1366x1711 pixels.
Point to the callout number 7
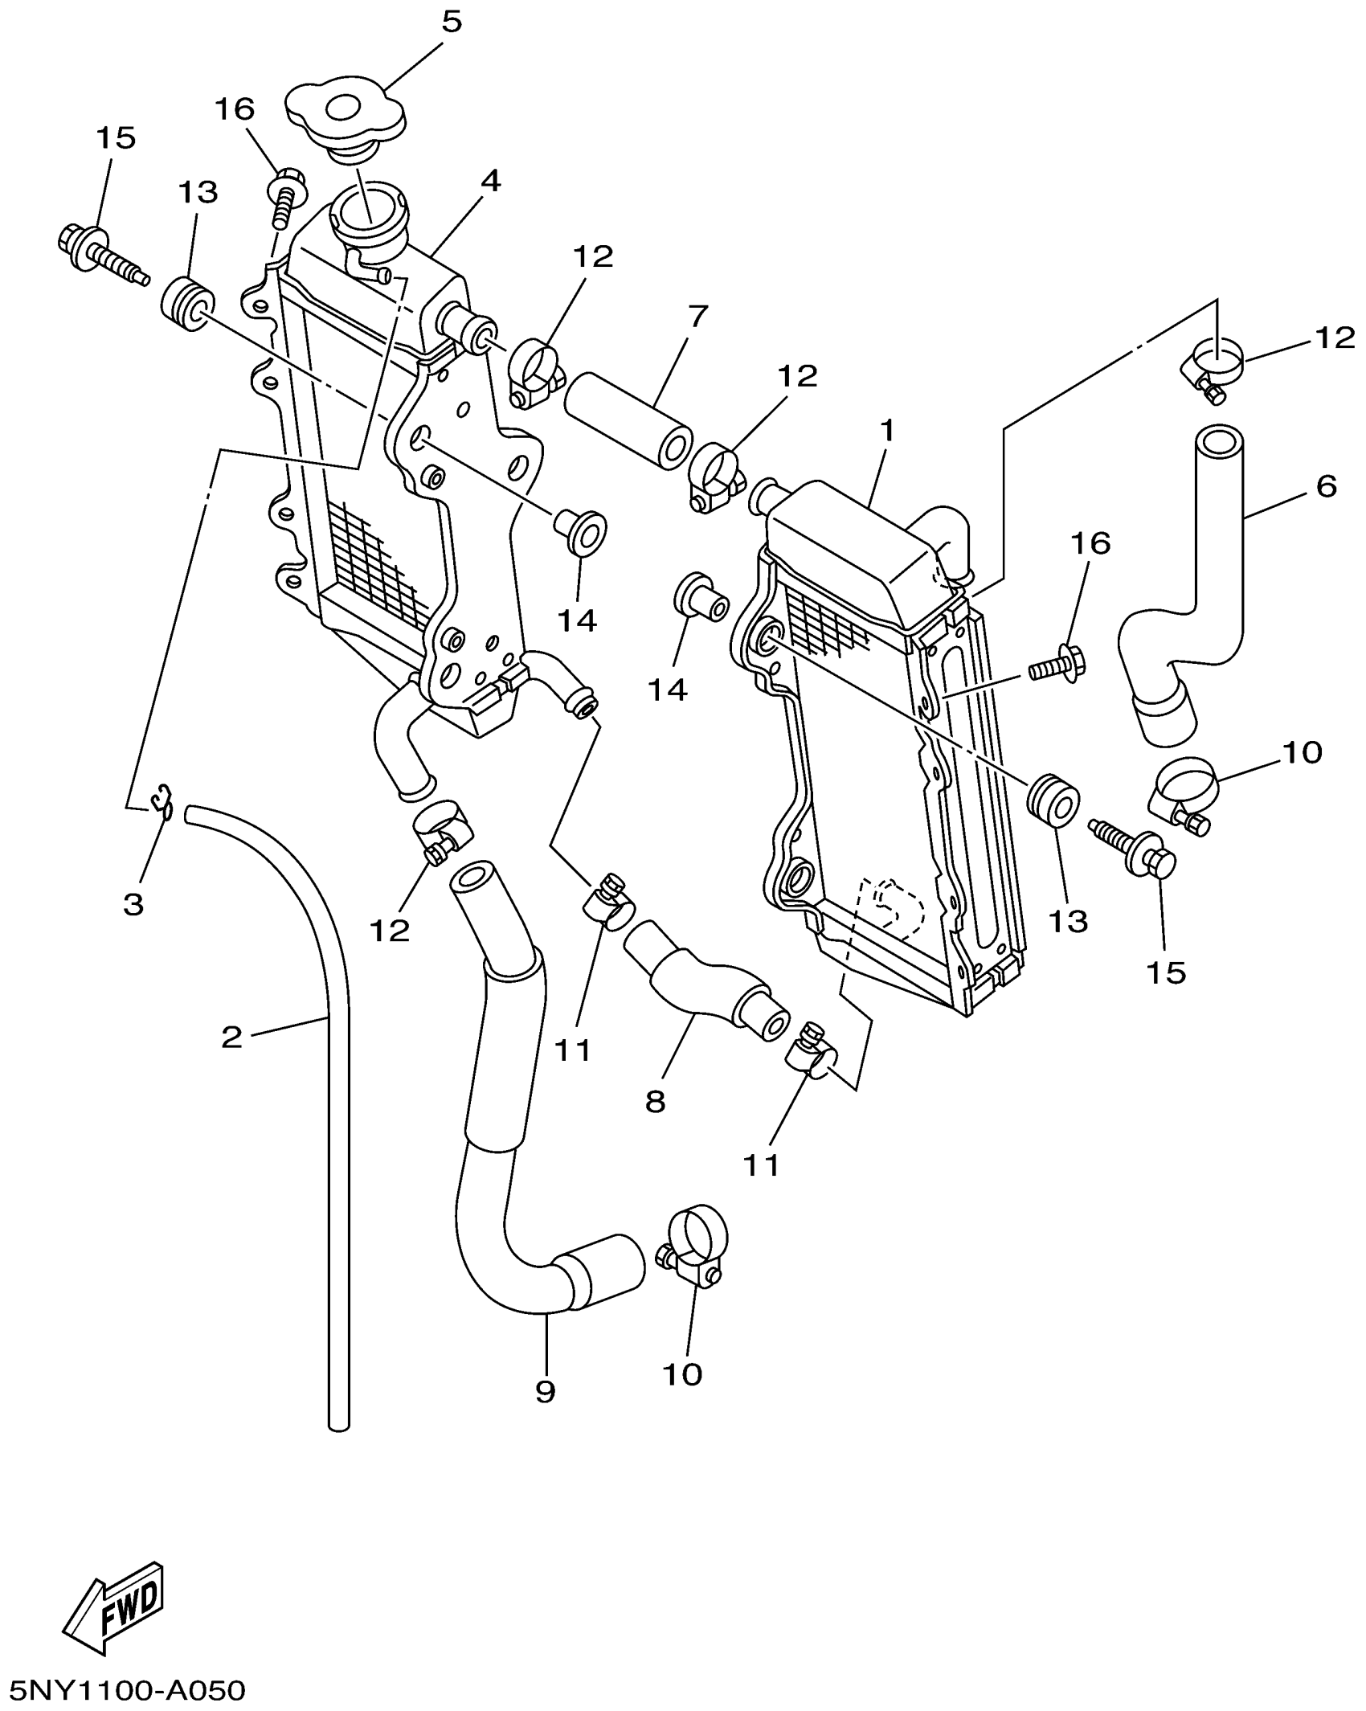(x=697, y=317)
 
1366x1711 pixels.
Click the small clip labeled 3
(x=163, y=801)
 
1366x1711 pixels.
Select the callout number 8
(x=655, y=1101)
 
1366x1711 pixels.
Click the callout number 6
(x=1327, y=486)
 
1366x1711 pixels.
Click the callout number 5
(x=452, y=23)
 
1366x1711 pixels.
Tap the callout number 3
(x=133, y=904)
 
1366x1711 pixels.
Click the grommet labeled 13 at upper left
(x=188, y=304)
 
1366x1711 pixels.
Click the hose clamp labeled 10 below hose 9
(x=696, y=1256)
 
